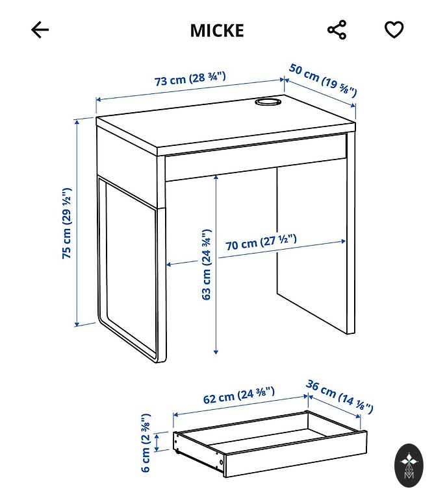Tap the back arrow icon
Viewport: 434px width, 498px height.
pyautogui.click(x=40, y=30)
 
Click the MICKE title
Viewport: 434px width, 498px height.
pyautogui.click(x=217, y=30)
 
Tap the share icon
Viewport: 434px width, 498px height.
pyautogui.click(x=337, y=30)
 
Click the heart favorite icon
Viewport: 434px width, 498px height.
pyautogui.click(x=394, y=30)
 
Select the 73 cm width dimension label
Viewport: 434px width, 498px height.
pyautogui.click(x=190, y=78)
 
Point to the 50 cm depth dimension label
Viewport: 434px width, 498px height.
pyautogui.click(x=323, y=80)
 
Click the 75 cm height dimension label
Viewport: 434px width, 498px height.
pyautogui.click(x=67, y=223)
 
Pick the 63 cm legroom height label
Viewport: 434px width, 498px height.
pyautogui.click(x=207, y=265)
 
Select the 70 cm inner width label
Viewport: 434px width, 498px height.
pyautogui.click(x=261, y=242)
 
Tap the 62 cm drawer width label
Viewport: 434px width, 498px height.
pyautogui.click(x=238, y=395)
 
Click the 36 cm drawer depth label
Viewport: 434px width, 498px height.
pyautogui.click(x=340, y=397)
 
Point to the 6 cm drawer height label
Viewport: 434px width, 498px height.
pyautogui.click(x=145, y=443)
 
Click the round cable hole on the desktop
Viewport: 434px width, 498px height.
pyautogui.click(x=268, y=102)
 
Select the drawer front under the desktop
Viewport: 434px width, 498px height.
pyautogui.click(x=255, y=158)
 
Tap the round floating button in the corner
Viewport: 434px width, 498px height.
pyautogui.click(x=409, y=466)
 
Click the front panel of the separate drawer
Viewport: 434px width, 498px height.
pyautogui.click(x=296, y=454)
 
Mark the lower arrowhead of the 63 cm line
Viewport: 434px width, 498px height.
pyautogui.click(x=216, y=351)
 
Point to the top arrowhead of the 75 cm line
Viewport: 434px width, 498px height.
pyautogui.click(x=77, y=123)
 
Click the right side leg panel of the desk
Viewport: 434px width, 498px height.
pyautogui.click(x=351, y=233)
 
